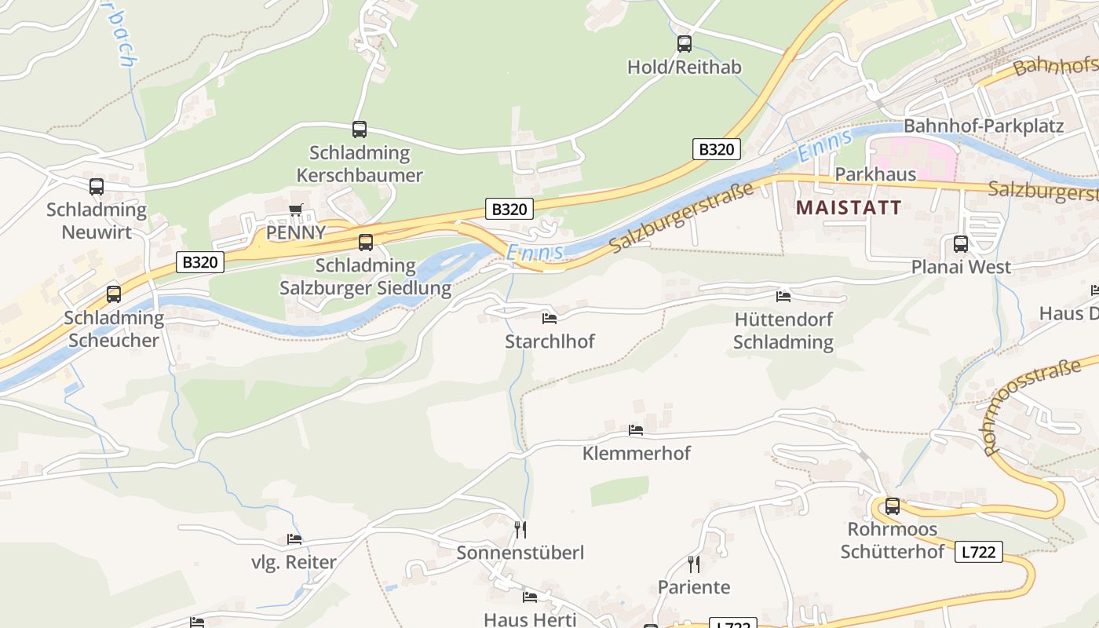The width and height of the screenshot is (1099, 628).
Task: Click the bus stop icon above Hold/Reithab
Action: (685, 44)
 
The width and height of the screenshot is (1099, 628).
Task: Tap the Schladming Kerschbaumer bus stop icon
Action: (360, 130)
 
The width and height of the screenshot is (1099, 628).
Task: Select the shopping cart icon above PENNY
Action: (296, 210)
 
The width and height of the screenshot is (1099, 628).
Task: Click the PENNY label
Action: (296, 232)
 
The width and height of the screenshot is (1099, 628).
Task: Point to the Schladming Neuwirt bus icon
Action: (97, 187)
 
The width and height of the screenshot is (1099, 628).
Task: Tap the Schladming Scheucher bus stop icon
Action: (114, 294)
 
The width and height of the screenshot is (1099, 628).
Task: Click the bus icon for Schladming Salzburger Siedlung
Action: (366, 243)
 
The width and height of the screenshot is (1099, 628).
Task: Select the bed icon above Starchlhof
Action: (549, 318)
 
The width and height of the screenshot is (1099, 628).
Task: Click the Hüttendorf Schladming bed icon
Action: (783, 296)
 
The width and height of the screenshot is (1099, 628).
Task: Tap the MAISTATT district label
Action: (848, 208)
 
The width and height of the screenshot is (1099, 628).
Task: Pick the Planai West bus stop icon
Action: (961, 244)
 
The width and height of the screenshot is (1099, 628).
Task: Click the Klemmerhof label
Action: (637, 453)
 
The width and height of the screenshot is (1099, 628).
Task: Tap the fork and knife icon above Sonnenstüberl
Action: (520, 530)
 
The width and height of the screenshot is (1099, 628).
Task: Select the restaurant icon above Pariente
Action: (694, 564)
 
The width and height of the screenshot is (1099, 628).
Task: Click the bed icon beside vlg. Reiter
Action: (294, 539)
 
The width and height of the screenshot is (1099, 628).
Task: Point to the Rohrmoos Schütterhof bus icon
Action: (893, 506)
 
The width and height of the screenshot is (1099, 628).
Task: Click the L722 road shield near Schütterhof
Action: (979, 552)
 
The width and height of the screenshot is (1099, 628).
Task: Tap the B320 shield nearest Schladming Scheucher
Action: (199, 262)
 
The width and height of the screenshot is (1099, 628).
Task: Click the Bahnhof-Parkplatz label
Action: (984, 126)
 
